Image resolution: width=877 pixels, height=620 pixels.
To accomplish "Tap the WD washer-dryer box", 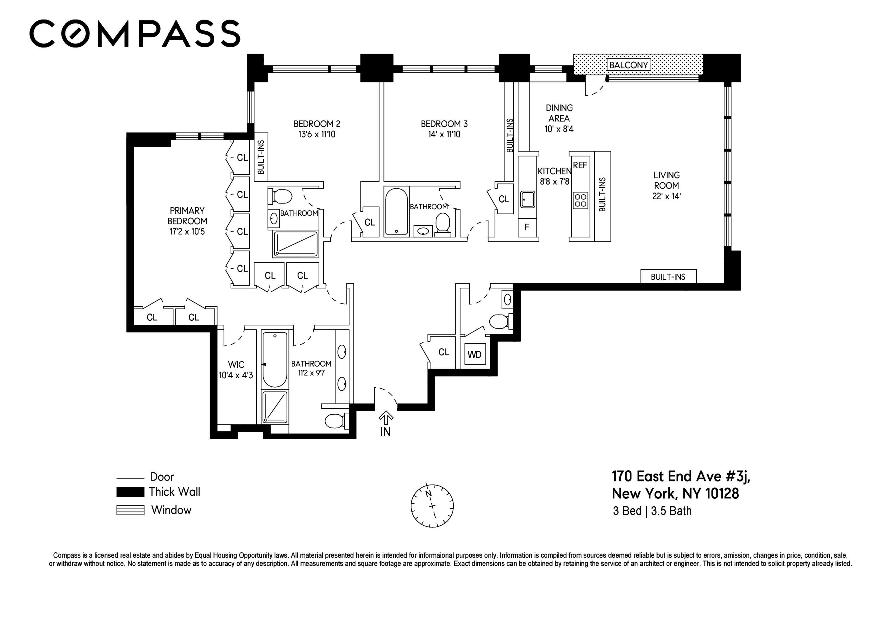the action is [475, 354].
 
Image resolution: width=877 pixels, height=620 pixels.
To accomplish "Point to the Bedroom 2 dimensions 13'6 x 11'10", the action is [317, 134].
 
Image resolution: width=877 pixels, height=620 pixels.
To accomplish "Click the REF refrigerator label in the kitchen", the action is [580, 165].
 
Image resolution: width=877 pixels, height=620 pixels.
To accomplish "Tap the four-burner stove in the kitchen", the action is [581, 200].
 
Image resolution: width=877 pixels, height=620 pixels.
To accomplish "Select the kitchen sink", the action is [527, 199].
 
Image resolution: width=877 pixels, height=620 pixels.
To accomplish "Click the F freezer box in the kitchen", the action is [527, 228].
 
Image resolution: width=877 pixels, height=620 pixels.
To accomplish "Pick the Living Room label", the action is [667, 180].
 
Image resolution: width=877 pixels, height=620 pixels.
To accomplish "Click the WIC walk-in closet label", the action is [236, 365].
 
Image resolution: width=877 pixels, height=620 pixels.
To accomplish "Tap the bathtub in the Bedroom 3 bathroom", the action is [396, 212].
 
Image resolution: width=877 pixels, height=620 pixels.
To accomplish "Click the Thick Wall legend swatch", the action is [130, 492].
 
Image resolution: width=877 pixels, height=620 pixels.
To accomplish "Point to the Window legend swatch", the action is [130, 510].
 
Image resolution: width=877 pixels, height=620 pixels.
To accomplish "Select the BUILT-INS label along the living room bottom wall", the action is [668, 277].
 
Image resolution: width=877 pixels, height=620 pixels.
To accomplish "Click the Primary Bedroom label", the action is [187, 216].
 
